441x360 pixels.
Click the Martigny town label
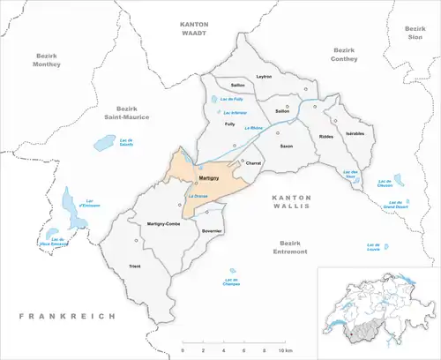tap(209, 179)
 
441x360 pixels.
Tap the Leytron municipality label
tap(264, 77)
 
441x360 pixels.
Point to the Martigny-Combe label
tap(163, 222)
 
